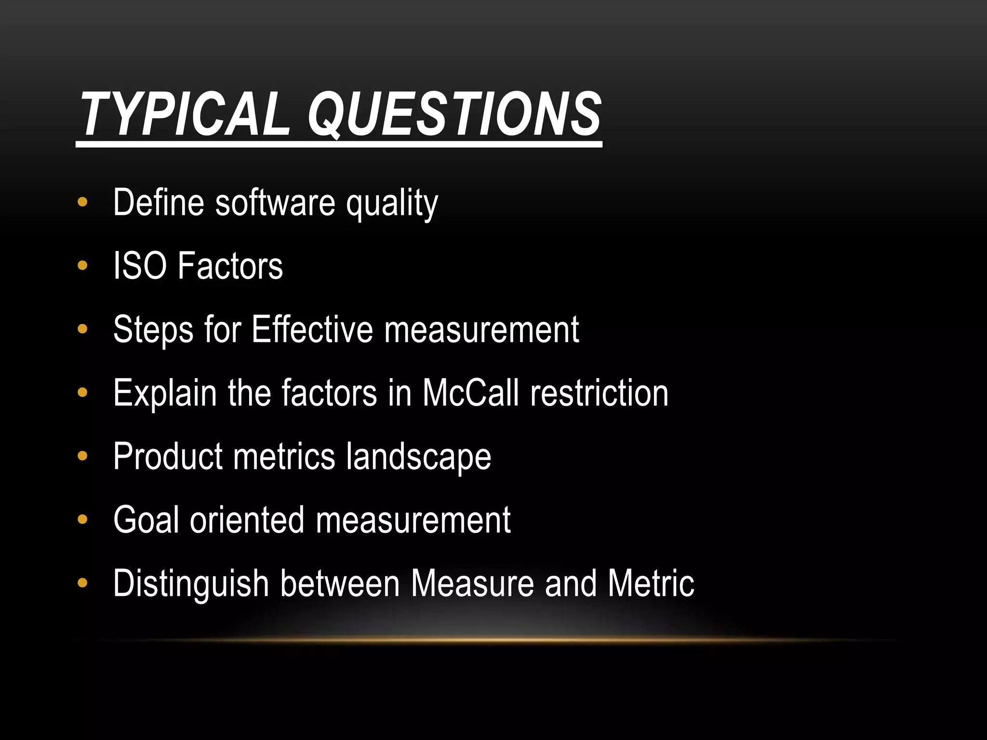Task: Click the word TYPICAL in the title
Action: [x=186, y=115]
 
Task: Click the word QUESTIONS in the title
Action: [x=454, y=115]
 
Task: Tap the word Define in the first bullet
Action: [x=159, y=202]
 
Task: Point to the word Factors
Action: [x=230, y=265]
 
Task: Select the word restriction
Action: [x=600, y=393]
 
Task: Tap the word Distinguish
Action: [x=191, y=584]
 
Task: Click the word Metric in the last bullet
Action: [x=651, y=583]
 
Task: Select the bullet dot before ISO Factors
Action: [x=82, y=265]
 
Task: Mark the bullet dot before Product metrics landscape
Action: [x=82, y=456]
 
